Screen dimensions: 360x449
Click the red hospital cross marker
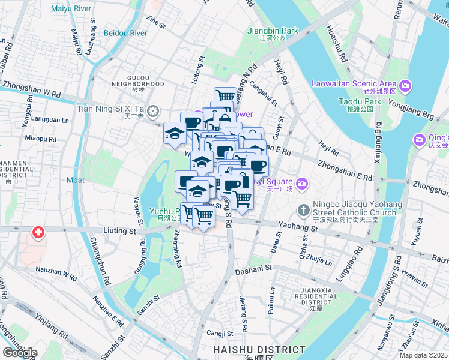pyautogui.click(x=38, y=233)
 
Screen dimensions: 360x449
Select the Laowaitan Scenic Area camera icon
pyautogui.click(x=406, y=87)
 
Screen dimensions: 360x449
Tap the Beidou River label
pyautogui.click(x=125, y=32)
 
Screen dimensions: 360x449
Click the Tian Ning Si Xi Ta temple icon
pyautogui.click(x=154, y=110)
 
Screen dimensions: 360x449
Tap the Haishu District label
pyautogui.click(x=259, y=350)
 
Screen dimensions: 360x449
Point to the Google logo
pyautogui.click(x=20, y=353)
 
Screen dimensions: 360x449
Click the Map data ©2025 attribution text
pyautogui.click(x=424, y=355)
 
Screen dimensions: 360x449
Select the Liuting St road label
pyautogui.click(x=119, y=231)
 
